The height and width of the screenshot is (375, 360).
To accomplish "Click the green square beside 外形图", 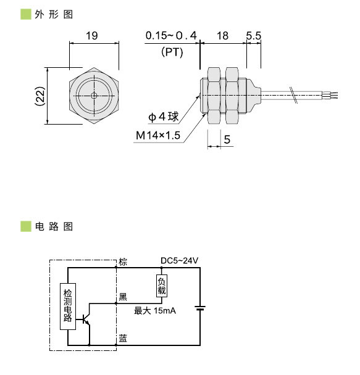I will pyautogui.click(x=25, y=14).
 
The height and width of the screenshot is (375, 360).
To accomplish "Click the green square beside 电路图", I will pyautogui.click(x=25, y=226).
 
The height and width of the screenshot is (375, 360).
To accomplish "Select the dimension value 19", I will pyautogui.click(x=92, y=36).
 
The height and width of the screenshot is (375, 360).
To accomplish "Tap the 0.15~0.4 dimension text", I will pyautogui.click(x=171, y=36).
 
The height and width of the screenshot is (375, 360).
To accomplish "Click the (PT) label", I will pyautogui.click(x=172, y=52).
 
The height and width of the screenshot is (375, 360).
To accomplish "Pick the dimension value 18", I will pyautogui.click(x=222, y=36).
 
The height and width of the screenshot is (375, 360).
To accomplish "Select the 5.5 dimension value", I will pyautogui.click(x=254, y=36).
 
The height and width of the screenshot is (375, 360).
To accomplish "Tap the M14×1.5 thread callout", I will pyautogui.click(x=158, y=136).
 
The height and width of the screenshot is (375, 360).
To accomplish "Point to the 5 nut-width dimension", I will pyautogui.click(x=227, y=140).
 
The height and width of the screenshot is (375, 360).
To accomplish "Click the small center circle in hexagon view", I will pyautogui.click(x=93, y=96).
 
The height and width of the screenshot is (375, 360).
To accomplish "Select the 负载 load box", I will pyautogui.click(x=162, y=286).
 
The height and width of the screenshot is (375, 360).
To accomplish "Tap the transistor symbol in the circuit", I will pyautogui.click(x=86, y=319).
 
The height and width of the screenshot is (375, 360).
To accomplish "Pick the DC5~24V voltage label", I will pyautogui.click(x=179, y=261).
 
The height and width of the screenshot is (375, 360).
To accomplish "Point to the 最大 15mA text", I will pyautogui.click(x=155, y=310).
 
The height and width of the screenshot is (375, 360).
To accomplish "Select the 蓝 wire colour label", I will pyautogui.click(x=123, y=339).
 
